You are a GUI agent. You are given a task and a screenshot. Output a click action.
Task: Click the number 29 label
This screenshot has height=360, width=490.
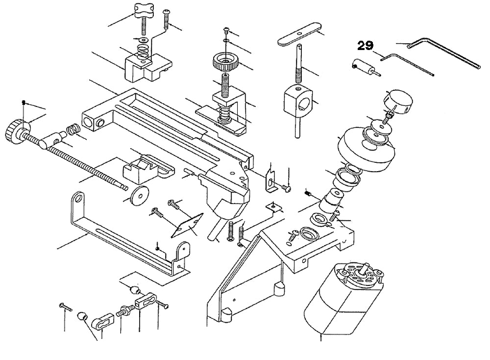[x=365, y=46]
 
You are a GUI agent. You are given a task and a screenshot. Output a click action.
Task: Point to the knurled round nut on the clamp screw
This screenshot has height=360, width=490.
[x=225, y=62]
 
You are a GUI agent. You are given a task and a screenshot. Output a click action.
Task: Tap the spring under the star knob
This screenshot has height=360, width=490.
[x=142, y=50]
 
